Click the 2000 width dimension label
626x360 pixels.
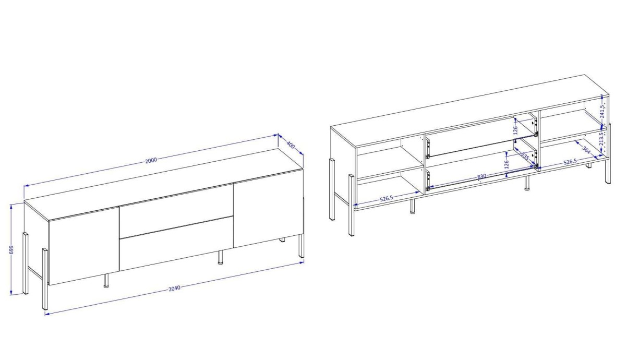click(x=151, y=160)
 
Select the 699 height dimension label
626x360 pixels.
click(x=11, y=250)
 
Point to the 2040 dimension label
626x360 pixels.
click(x=174, y=288)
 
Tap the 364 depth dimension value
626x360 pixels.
click(x=586, y=150)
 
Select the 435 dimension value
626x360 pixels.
click(x=524, y=156)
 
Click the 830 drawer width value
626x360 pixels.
click(x=481, y=176)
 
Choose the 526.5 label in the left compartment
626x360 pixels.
click(x=387, y=198)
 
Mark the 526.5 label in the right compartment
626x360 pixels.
click(x=570, y=162)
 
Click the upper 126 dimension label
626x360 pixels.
click(x=515, y=130)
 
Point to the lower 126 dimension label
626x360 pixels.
click(x=506, y=164)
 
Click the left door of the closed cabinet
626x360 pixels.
click(x=84, y=246)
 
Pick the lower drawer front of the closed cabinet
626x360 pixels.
click(x=176, y=243)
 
